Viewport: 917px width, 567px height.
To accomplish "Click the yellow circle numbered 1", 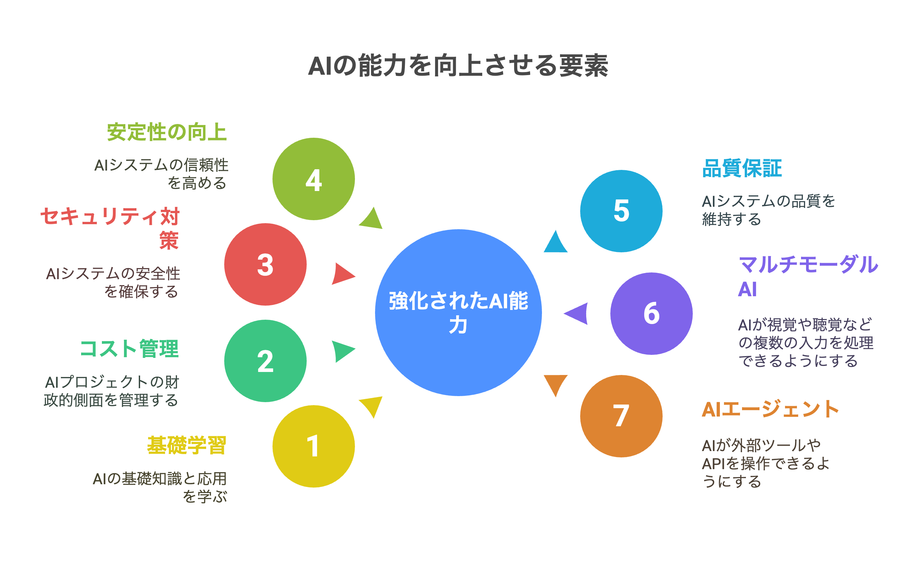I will click(x=313, y=446).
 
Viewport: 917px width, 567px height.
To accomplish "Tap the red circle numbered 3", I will click(x=265, y=264).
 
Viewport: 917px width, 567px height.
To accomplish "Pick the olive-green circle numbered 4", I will click(x=313, y=179).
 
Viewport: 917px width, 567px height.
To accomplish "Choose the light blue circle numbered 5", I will click(x=621, y=211).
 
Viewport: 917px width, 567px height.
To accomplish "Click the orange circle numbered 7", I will click(x=621, y=416).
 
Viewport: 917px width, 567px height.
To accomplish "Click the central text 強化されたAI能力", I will click(x=458, y=312).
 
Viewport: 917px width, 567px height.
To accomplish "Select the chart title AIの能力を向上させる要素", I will click(x=458, y=66).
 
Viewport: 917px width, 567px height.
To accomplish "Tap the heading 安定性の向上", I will click(x=167, y=132).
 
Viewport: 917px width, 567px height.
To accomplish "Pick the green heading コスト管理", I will click(x=129, y=349).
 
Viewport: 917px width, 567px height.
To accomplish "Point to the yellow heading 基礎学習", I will click(x=186, y=445).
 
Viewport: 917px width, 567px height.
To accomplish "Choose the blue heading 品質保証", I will click(x=741, y=168).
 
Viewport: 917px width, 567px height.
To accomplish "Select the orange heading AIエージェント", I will click(x=770, y=409).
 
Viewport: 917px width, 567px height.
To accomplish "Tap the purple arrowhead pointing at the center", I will click(x=577, y=314).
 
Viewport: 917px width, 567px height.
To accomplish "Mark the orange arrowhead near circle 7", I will click(x=555, y=383).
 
